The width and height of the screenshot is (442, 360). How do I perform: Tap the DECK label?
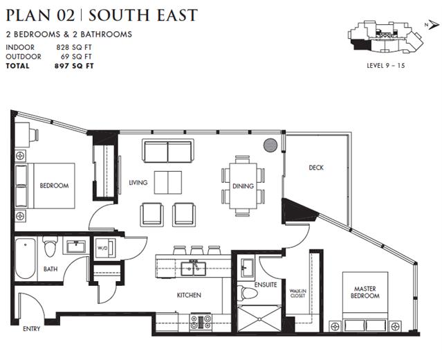pos(316,168)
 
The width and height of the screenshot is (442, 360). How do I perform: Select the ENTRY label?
pos(31,329)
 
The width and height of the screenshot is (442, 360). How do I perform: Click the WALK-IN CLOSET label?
pos(297,293)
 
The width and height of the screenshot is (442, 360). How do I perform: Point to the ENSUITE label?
pos(266,285)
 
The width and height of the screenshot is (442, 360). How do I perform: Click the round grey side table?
pos(270,145)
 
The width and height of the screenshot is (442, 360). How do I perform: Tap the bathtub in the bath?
pos(26,258)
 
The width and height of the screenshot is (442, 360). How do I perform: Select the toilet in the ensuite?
pos(247,293)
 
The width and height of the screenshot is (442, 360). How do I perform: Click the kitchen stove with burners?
pos(201,322)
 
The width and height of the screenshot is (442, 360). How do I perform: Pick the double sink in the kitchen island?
pos(194,269)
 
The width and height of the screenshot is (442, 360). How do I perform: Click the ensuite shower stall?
pos(259,319)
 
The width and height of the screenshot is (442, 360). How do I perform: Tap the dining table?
pos(243,186)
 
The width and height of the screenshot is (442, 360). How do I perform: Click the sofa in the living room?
pos(168,151)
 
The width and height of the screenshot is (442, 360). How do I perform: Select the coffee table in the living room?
pos(168,182)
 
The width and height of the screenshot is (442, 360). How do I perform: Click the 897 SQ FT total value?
pos(74,66)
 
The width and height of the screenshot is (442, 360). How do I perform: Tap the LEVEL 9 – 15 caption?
pos(385,66)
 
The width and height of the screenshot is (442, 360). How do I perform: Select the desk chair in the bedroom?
pos(35,134)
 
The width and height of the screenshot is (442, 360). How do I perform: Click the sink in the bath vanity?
pos(76,247)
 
